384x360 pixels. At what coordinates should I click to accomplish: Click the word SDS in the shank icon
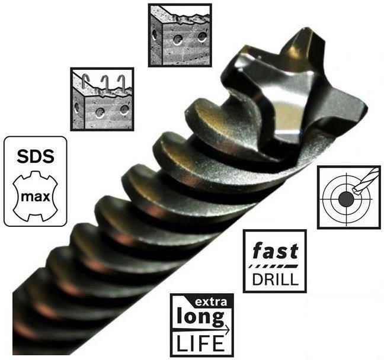pyautogui.click(x=36, y=156)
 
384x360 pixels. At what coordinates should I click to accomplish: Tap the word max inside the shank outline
pyautogui.click(x=36, y=197)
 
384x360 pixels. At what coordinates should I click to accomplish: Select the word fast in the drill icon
pyautogui.click(x=276, y=250)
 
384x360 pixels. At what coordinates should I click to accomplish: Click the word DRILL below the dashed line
pyautogui.click(x=276, y=279)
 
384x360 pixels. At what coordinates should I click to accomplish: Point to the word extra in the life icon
pyautogui.click(x=210, y=303)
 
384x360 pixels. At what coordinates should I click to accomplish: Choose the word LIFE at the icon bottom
pyautogui.click(x=200, y=343)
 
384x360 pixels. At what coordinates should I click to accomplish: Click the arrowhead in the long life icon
pyautogui.click(x=227, y=330)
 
